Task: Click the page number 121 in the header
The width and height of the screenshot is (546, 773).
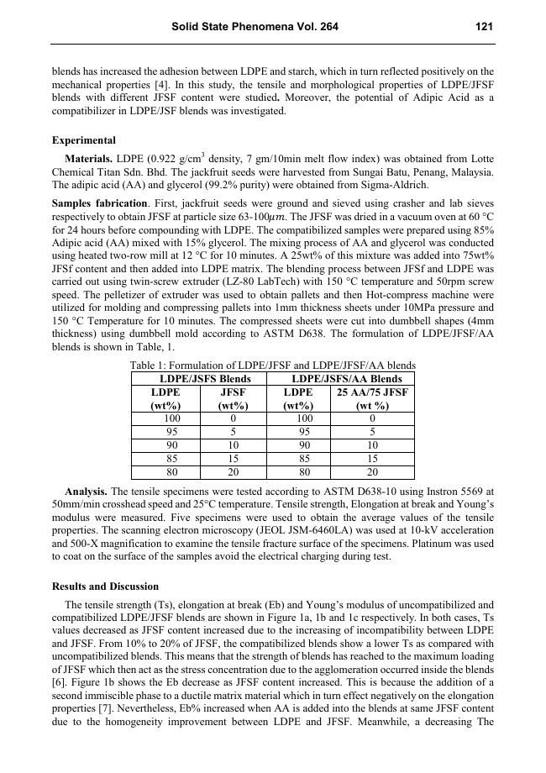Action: point(484,27)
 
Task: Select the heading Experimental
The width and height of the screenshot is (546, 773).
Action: point(84,140)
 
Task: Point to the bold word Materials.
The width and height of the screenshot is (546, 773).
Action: point(91,159)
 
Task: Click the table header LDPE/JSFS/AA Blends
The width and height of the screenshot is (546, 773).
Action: point(340,379)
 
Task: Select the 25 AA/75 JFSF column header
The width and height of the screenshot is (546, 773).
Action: point(372,392)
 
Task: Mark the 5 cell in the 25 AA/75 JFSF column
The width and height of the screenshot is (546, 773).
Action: point(372,431)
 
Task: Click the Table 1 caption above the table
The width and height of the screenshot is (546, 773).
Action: point(272,365)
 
